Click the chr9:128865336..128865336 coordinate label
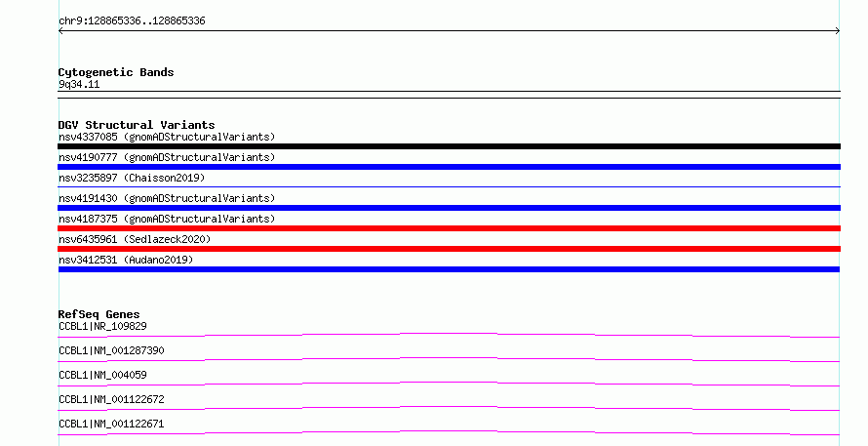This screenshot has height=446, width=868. coord(132,21)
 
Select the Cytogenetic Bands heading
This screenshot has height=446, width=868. coord(116,72)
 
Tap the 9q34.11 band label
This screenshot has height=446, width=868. coord(79,84)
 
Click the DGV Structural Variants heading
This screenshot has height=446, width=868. coord(137,125)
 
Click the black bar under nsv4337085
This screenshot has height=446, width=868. coord(449,146)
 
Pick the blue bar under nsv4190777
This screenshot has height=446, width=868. coord(449,167)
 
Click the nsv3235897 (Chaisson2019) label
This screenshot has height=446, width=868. coord(132,178)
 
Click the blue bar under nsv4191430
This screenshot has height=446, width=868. coord(449,208)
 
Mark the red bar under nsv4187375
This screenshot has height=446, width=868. coord(449,228)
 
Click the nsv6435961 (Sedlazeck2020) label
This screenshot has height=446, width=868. coord(135,239)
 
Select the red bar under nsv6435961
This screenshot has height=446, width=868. coord(449,249)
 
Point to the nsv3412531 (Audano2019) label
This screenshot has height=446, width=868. coord(126,260)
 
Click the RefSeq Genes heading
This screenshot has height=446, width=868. coord(99,314)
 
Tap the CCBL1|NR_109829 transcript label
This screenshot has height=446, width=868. coord(102,326)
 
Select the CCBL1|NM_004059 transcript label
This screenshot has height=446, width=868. coord(102,375)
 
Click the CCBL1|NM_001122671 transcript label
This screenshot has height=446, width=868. coord(111,424)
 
